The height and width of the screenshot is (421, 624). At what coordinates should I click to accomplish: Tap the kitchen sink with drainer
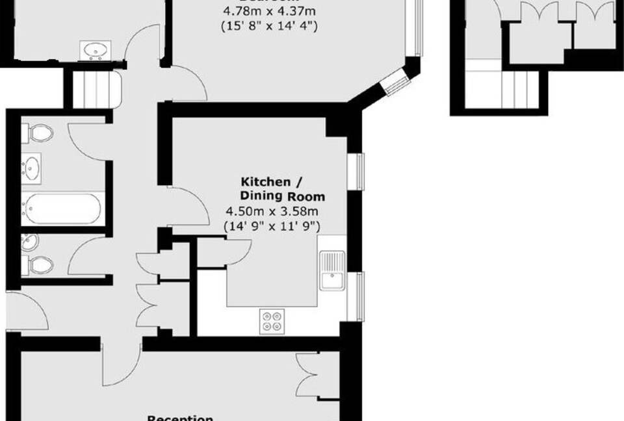click(332, 270)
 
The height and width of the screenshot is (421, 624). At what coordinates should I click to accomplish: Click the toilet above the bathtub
click(38, 134)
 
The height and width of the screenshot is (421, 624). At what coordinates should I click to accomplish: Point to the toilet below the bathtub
click(39, 264)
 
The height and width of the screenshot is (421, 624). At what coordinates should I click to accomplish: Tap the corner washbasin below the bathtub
click(30, 242)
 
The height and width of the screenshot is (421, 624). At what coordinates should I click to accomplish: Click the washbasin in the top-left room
click(95, 50)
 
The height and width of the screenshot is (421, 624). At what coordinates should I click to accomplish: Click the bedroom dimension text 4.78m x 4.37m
click(270, 11)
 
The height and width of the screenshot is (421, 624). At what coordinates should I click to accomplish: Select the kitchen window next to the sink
click(356, 296)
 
